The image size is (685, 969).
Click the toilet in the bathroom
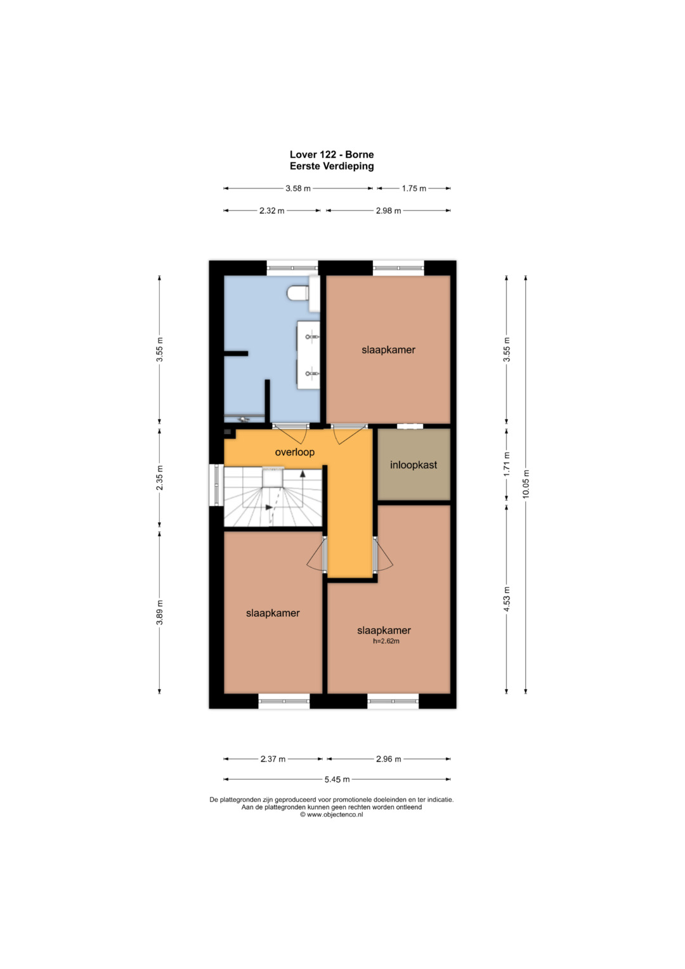(x=298, y=293)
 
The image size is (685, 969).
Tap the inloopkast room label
(x=414, y=465)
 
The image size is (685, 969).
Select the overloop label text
(x=295, y=452)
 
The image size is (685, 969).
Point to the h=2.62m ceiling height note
(x=386, y=641)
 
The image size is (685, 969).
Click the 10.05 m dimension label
(x=526, y=484)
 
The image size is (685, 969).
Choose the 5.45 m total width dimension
(x=337, y=779)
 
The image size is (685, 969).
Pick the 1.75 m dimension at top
(x=414, y=188)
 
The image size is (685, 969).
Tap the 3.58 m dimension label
(x=298, y=188)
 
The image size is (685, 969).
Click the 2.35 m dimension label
(x=160, y=478)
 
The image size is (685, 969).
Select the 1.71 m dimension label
(x=507, y=464)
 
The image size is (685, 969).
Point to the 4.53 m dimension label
(x=507, y=599)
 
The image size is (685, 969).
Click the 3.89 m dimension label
(x=160, y=612)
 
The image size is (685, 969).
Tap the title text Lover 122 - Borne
(x=332, y=154)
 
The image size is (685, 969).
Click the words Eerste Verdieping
(x=332, y=166)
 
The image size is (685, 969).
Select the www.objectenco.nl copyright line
(x=332, y=815)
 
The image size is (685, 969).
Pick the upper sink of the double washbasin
(x=311, y=336)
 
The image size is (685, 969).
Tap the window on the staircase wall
(x=216, y=485)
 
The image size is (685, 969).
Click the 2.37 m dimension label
(x=273, y=759)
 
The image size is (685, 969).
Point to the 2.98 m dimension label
(x=388, y=211)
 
